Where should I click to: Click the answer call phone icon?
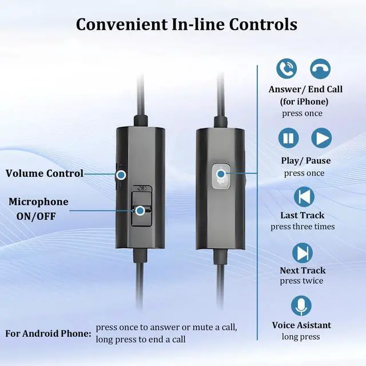click(287, 69)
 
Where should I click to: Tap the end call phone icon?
click(320, 69)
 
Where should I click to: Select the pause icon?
click(289, 138)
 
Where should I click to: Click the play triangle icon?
click(321, 138)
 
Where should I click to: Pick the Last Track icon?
click(304, 196)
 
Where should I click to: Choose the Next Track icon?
click(303, 252)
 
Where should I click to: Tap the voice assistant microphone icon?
click(301, 306)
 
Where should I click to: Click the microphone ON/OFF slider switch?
click(140, 209)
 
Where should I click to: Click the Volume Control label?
click(45, 173)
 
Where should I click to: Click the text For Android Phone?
click(48, 333)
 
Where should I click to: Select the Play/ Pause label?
click(305, 161)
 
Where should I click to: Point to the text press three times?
click(303, 226)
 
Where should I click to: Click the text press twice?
click(301, 281)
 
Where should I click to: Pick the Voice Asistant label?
click(301, 325)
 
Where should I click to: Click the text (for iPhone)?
click(304, 101)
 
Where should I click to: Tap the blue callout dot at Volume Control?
click(121, 173)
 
